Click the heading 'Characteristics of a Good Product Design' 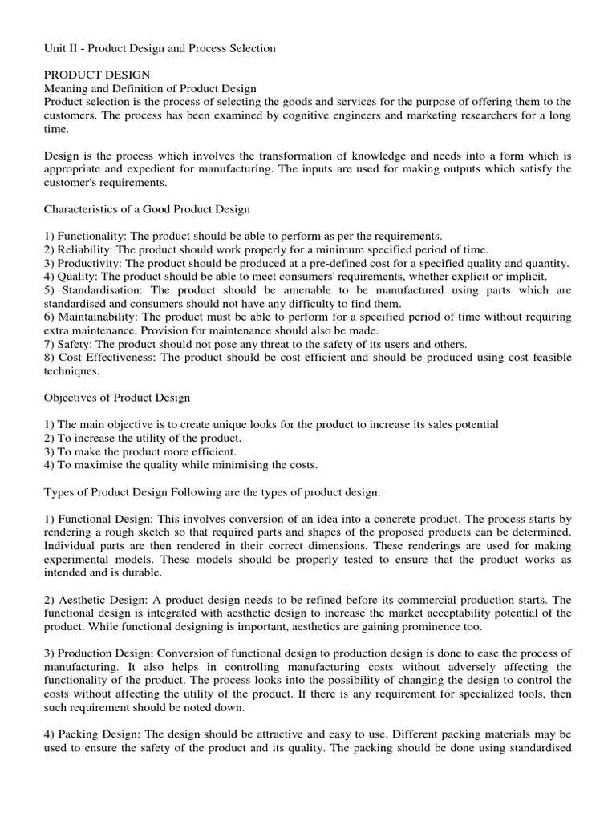point(147,209)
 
